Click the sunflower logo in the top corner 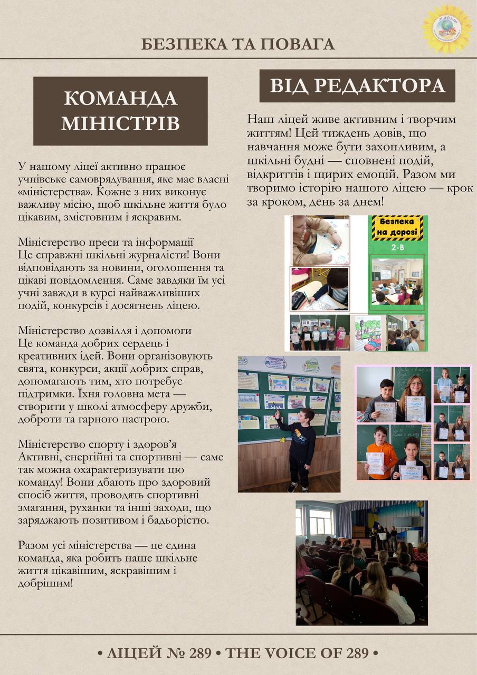tap(446, 29)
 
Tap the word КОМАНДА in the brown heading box tap(120, 98)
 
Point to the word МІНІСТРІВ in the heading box tap(120, 123)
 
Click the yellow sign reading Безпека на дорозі tap(398, 227)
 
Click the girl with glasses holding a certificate tap(415, 396)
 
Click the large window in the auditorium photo tap(320, 522)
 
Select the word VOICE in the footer tap(302, 653)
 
